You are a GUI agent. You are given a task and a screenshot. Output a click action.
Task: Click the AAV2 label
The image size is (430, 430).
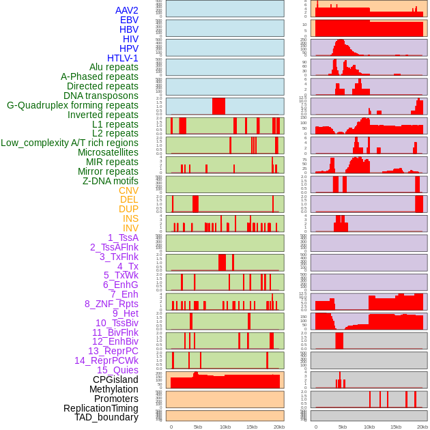click(x=127, y=10)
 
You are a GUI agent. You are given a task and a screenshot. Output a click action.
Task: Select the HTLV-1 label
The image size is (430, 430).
click(x=123, y=58)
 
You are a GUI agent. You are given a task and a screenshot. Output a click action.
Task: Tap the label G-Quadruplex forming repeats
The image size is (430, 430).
click(x=72, y=105)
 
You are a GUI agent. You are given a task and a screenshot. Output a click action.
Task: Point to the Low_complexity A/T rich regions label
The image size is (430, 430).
click(x=70, y=143)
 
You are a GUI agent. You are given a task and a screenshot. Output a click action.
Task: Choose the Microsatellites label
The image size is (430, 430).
click(x=108, y=152)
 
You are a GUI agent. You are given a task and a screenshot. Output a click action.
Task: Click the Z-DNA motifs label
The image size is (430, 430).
click(x=111, y=181)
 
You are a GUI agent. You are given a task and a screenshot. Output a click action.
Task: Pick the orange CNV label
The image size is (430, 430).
click(x=128, y=190)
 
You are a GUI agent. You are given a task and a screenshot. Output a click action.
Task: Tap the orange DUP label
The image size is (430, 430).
click(x=128, y=209)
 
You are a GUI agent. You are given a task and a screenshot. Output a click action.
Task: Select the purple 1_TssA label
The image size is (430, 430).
click(x=123, y=238)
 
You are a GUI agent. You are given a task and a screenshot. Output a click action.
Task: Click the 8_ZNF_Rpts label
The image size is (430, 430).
click(x=111, y=304)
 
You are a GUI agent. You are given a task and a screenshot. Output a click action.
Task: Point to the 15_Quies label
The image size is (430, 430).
click(x=117, y=370)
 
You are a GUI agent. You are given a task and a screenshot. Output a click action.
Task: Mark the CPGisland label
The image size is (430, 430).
click(x=115, y=379)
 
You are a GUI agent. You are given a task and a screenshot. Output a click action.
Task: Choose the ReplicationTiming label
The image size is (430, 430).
click(x=101, y=408)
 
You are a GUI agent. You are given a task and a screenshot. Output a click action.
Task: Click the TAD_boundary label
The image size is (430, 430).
click(x=106, y=417)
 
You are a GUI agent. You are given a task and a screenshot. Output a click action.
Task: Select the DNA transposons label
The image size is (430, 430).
click(x=101, y=96)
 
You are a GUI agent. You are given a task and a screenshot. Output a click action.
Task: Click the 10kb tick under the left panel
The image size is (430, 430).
click(x=225, y=427)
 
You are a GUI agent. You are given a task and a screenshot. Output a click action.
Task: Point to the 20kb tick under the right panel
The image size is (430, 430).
click(x=422, y=427)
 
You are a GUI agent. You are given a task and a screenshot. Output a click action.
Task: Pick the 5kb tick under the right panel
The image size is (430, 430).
click(x=342, y=427)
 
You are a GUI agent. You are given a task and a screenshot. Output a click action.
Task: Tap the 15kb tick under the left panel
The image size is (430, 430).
click(x=251, y=427)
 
